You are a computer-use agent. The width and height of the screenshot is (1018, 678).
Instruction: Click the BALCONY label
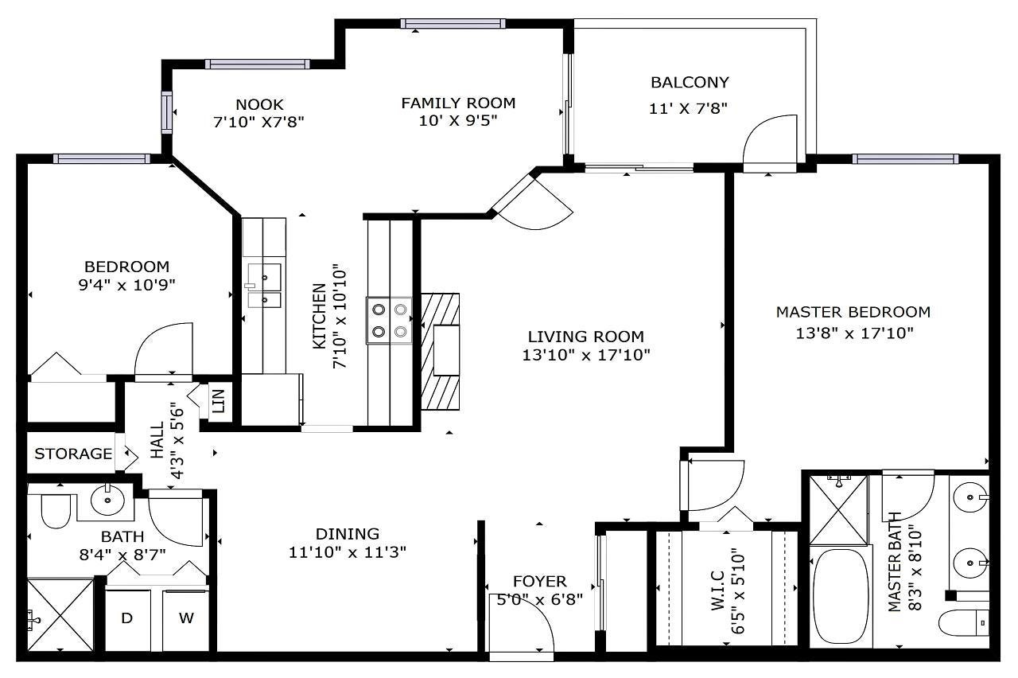click(690, 82)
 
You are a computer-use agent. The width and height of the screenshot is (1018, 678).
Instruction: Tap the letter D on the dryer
click(126, 618)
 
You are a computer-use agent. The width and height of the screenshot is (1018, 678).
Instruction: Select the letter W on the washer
click(186, 618)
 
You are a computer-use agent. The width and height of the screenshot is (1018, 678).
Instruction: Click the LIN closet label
click(219, 400)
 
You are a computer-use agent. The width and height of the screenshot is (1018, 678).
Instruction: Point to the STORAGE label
click(73, 454)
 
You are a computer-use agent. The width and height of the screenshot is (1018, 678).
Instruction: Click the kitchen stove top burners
click(390, 321)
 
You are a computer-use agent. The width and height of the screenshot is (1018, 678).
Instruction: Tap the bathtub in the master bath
click(841, 596)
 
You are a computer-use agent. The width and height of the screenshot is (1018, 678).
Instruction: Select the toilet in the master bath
click(963, 623)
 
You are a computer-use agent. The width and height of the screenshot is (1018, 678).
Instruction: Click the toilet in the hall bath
click(56, 511)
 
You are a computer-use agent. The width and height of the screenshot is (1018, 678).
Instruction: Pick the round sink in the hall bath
click(107, 501)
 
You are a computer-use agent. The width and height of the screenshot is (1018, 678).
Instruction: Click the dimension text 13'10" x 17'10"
click(586, 355)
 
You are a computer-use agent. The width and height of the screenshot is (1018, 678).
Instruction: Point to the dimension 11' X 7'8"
click(688, 109)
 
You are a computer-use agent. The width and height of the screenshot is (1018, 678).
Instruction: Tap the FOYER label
click(540, 581)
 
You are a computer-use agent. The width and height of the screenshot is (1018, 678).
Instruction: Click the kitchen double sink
click(264, 286)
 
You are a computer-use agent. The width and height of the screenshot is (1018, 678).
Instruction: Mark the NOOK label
click(259, 104)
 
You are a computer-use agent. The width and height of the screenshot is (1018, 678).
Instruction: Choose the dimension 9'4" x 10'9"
click(126, 285)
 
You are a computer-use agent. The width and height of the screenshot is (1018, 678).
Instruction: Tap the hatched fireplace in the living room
click(440, 352)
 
